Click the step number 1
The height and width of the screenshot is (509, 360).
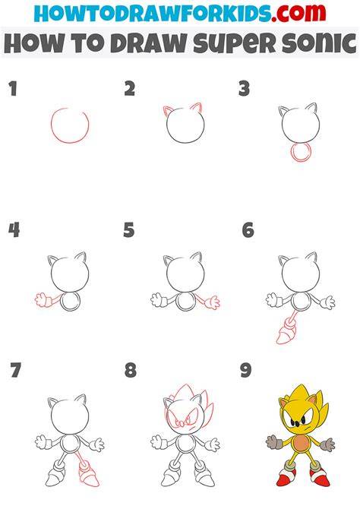13,89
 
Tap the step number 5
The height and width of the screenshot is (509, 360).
129,230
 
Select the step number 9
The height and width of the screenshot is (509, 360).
246,370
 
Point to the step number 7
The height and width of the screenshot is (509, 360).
15,370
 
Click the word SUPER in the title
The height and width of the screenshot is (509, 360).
235,43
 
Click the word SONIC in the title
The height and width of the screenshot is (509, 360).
320,43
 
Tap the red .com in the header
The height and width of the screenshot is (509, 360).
298,13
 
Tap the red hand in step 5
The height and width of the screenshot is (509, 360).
213,302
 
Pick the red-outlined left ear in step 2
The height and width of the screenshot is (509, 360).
168,111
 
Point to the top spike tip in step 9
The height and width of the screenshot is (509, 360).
299,384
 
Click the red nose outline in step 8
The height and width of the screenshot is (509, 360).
181,424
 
